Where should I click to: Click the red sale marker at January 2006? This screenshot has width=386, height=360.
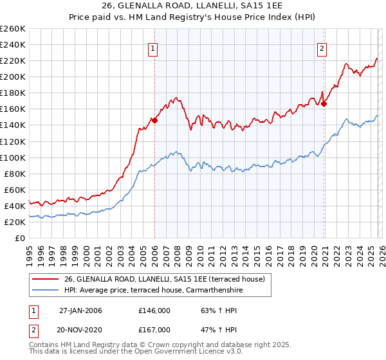tap(155, 120)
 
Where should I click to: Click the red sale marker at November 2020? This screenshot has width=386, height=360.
tap(324, 103)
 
